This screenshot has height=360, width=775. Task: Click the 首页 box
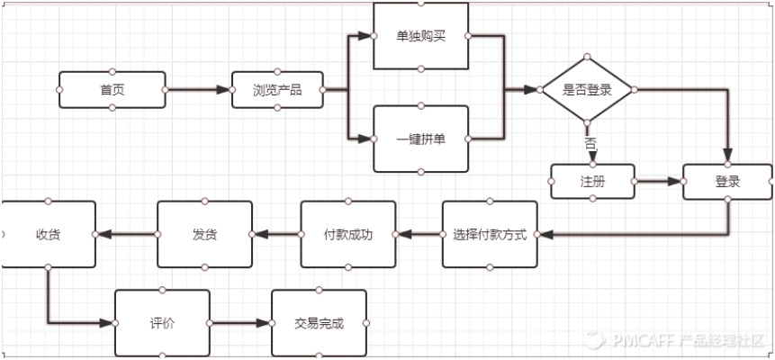coord(113,90)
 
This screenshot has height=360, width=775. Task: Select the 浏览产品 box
coord(277,90)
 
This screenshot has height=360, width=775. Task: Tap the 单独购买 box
coord(420,36)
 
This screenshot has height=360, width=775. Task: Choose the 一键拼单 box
coord(420,139)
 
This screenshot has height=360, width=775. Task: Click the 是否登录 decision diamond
coord(587,90)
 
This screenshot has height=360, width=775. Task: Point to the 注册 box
coord(592,181)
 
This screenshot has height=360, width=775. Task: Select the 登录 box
coord(727,182)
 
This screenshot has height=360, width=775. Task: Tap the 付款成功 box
coord(347,235)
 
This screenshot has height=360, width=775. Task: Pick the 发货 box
coord(204,235)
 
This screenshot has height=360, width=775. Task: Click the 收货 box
coord(49,235)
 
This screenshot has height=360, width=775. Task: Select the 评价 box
coord(162,323)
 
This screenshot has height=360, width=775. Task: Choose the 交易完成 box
coord(319,323)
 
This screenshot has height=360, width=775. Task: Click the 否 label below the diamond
coord(590,143)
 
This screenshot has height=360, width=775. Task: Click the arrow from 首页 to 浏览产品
coord(198,90)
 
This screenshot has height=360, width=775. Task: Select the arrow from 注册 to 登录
coord(658,181)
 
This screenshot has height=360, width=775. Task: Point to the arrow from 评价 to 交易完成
coord(240,323)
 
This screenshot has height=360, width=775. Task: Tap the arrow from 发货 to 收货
coord(126,235)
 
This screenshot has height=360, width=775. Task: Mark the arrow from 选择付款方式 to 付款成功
coord(419,235)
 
